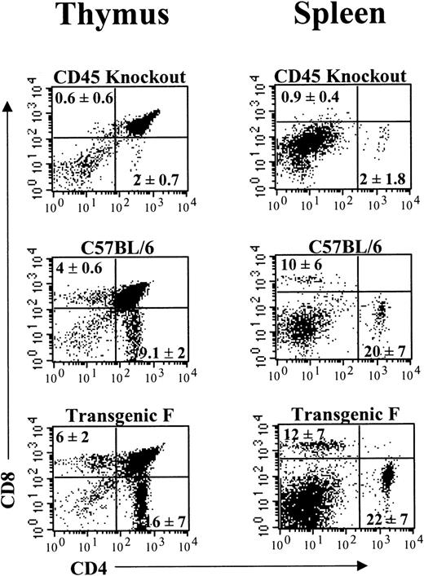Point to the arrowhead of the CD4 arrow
(x=356, y=562)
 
